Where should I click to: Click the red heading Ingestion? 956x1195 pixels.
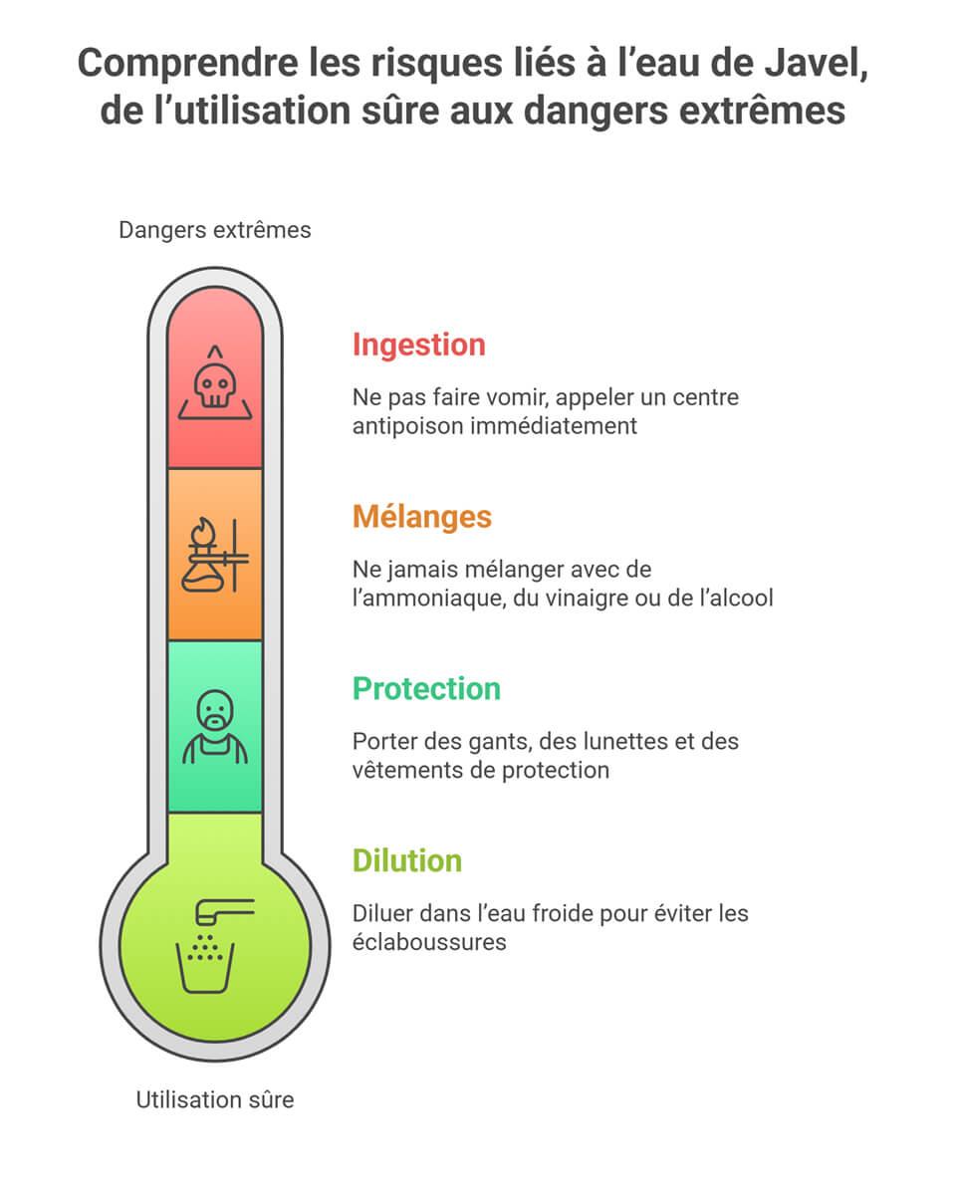pos(419,345)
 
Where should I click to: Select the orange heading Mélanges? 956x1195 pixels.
pos(422,517)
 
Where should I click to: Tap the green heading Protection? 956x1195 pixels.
pos(426,689)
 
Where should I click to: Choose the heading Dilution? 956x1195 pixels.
pos(407,861)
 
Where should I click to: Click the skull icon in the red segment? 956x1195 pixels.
pos(215,382)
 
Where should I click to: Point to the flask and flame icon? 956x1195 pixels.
pos(215,555)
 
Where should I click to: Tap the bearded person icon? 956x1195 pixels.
pos(215,727)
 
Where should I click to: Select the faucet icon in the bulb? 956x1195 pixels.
pos(224,911)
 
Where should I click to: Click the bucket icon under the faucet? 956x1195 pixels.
pos(204,967)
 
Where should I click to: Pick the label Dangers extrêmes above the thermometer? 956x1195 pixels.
pos(215,230)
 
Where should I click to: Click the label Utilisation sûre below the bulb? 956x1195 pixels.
pos(215,1099)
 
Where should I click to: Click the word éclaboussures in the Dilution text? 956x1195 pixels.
pos(429,942)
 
